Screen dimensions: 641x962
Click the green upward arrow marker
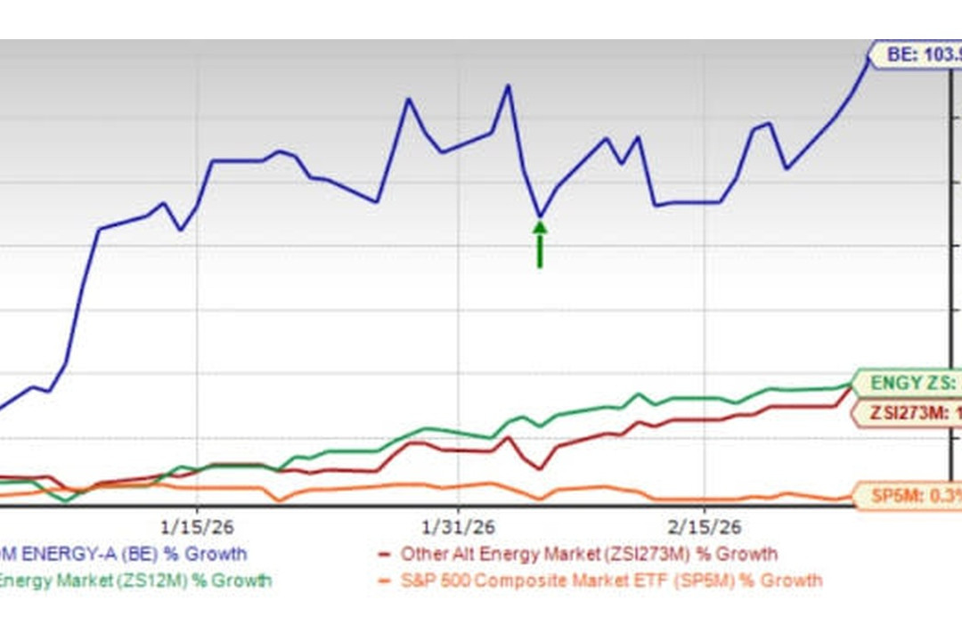point(540,242)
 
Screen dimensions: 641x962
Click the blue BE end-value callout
point(917,55)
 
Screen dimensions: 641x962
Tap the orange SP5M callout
point(909,496)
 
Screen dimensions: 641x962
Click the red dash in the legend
point(385,554)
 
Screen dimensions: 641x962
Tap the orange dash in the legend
point(385,581)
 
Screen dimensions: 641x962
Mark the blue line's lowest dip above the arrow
point(540,215)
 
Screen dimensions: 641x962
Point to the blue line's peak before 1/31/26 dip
point(509,85)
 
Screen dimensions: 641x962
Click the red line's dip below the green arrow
point(540,468)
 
